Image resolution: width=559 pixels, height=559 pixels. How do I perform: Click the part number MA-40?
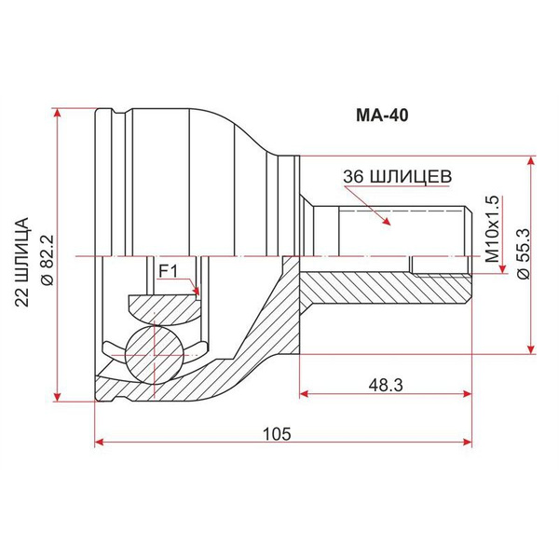[x=382, y=116]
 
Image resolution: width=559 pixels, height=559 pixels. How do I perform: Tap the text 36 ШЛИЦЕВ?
[x=397, y=176]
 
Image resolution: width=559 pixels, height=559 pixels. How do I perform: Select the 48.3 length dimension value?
[x=386, y=385]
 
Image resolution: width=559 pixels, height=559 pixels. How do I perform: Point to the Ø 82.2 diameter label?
[x=47, y=260]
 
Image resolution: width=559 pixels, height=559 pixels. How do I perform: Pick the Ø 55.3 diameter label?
[x=524, y=253]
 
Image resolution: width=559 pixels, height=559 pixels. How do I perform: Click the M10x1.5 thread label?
[x=492, y=229]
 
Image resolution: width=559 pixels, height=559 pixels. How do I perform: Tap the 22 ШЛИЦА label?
[x=21, y=262]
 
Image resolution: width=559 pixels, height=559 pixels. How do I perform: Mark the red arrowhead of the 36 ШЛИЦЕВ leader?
[x=386, y=220]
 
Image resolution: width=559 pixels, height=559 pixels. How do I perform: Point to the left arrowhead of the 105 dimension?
[x=99, y=442]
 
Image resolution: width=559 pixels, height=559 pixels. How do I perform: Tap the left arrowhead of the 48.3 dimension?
[x=304, y=393]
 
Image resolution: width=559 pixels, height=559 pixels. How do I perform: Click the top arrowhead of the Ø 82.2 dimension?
[x=57, y=112]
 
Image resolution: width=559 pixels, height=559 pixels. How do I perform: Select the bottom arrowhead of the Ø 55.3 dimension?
[x=531, y=349]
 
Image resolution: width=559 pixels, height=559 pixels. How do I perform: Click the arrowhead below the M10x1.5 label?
[x=503, y=269]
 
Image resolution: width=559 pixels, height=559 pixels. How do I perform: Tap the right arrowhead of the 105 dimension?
[x=468, y=442]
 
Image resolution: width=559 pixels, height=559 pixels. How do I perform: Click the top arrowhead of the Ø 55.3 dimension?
[x=531, y=161]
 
